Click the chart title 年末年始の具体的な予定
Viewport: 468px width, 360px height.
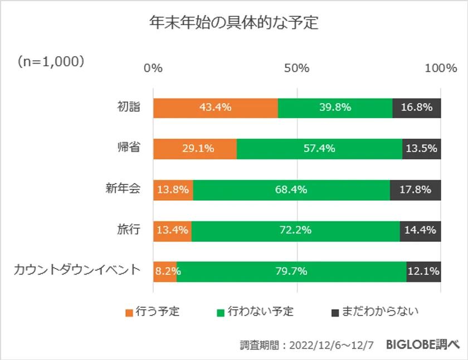coord(233,23)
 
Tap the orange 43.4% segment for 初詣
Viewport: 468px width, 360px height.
coord(215,108)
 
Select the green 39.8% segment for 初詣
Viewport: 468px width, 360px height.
coord(335,108)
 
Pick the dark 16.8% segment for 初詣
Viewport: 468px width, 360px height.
coord(416,108)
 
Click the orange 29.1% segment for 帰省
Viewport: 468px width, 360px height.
coord(195,149)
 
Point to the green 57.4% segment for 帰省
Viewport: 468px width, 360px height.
coord(319,149)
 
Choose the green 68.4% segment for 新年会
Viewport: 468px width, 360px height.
coord(291,189)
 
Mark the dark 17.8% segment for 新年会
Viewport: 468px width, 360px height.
coord(415,189)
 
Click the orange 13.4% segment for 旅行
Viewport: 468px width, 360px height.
coord(172,230)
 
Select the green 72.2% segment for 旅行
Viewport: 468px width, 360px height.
coord(295,230)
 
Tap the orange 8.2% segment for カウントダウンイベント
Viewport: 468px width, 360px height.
coord(165,271)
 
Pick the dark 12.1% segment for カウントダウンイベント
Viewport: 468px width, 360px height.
coord(423,271)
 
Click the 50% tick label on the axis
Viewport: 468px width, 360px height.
coord(296,69)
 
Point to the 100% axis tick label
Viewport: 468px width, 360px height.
coord(440,69)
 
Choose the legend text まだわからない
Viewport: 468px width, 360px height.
coord(379,312)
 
